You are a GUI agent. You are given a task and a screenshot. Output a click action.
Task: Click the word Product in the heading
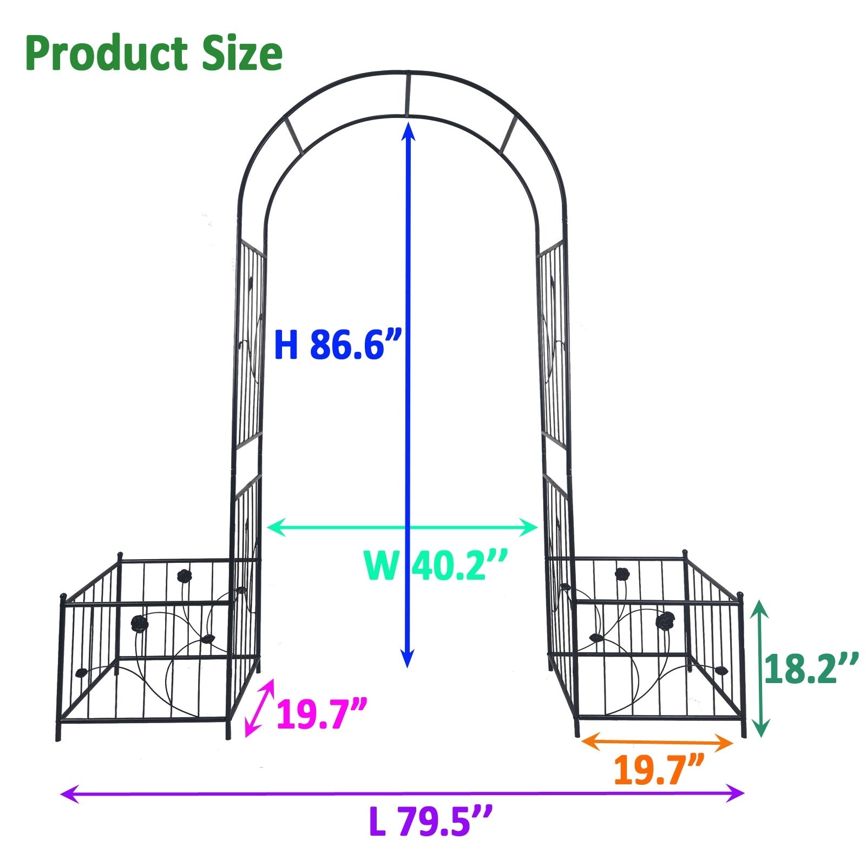[x=106, y=54]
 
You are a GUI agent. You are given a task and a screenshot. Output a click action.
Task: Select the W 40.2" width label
[x=436, y=566]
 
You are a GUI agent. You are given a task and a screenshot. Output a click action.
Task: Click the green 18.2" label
[x=811, y=670]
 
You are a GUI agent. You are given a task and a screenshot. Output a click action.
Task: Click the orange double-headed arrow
[x=657, y=742]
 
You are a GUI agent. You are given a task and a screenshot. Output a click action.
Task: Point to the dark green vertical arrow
[x=760, y=668]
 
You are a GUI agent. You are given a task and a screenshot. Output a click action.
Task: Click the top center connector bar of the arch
[x=407, y=94]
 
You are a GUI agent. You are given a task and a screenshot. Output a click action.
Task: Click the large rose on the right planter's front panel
[x=664, y=620]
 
